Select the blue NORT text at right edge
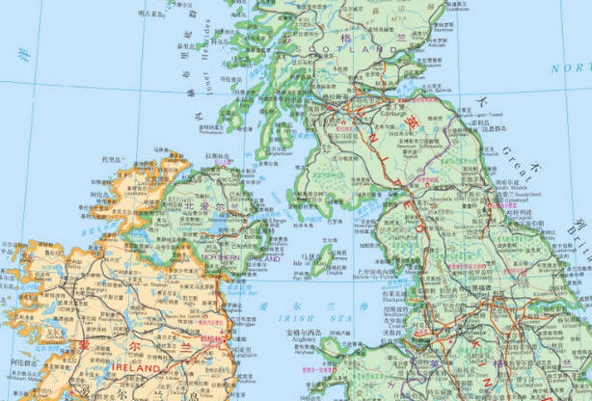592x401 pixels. [570, 67]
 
